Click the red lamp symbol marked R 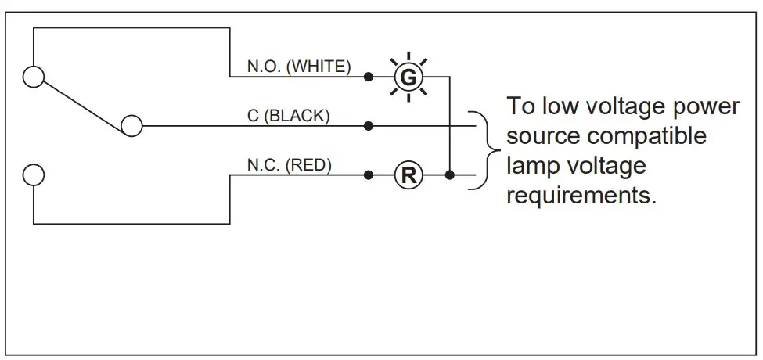407,175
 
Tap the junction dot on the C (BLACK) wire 368,125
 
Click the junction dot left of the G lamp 368,77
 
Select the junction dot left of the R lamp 368,175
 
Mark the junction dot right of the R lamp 448,175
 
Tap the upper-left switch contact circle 34,77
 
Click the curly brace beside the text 491,149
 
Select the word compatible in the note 647,135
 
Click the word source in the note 545,135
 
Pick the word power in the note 704,106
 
